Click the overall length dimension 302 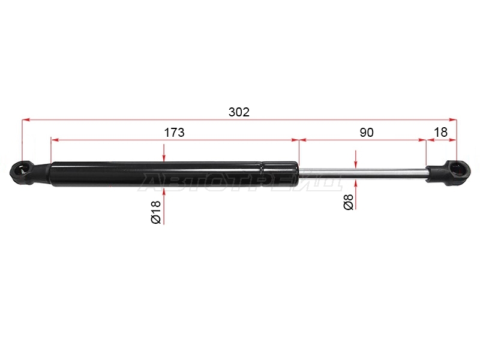[239, 112]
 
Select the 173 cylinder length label [174, 133]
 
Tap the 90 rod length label [367, 133]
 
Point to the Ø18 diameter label [156, 212]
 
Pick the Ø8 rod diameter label [349, 202]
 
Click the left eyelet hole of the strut [21, 170]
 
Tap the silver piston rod [362, 173]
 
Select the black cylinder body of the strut [175, 174]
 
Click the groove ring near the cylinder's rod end [262, 174]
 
